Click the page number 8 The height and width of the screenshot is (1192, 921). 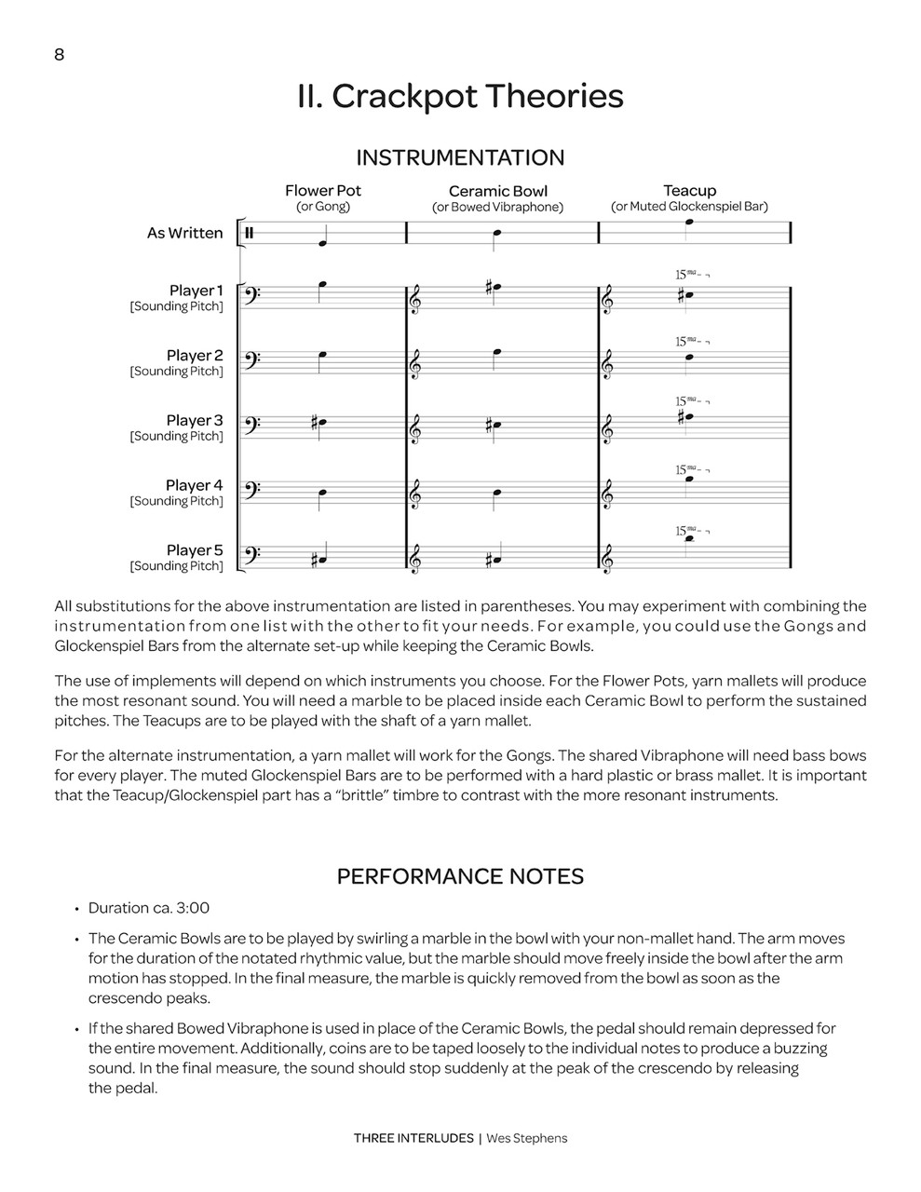pyautogui.click(x=60, y=55)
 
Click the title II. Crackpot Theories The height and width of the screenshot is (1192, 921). pyautogui.click(x=460, y=97)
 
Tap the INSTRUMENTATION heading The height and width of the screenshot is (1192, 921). pyautogui.click(x=460, y=157)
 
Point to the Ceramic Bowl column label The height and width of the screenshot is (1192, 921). pyautogui.click(x=498, y=192)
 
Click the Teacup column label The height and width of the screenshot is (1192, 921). pyautogui.click(x=689, y=191)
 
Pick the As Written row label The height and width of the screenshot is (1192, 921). pyautogui.click(x=184, y=233)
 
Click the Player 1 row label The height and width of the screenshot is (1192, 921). pyautogui.click(x=196, y=291)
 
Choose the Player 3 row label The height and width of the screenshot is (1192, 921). pyautogui.click(x=195, y=421)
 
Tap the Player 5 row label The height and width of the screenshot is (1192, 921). pyautogui.click(x=195, y=550)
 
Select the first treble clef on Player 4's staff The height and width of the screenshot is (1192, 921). pyautogui.click(x=415, y=493)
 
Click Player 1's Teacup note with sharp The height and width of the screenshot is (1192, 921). pyautogui.click(x=686, y=297)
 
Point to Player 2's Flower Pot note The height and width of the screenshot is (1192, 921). pyautogui.click(x=323, y=355)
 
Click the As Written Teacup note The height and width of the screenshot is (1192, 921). pyautogui.click(x=689, y=223)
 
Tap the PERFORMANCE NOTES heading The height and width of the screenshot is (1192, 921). pyautogui.click(x=460, y=876)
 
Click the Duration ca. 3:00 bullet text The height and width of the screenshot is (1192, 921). pyautogui.click(x=149, y=908)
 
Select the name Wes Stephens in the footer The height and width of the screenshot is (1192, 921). pyautogui.click(x=526, y=1138)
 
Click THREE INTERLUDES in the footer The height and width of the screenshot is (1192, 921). pyautogui.click(x=413, y=1138)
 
